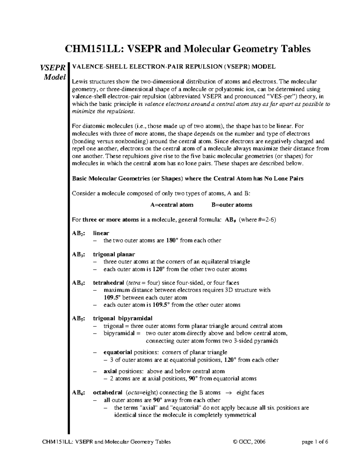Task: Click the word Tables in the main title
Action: (293, 49)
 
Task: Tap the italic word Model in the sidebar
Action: (55, 77)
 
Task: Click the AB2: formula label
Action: (78, 233)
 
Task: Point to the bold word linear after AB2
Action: (101, 233)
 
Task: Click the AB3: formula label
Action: (78, 254)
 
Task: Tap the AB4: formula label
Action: (78, 283)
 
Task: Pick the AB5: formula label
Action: (78, 318)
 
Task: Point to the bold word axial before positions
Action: (110, 371)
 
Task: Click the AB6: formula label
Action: (78, 393)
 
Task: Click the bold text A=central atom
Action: (172, 205)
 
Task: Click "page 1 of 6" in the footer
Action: (316, 442)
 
